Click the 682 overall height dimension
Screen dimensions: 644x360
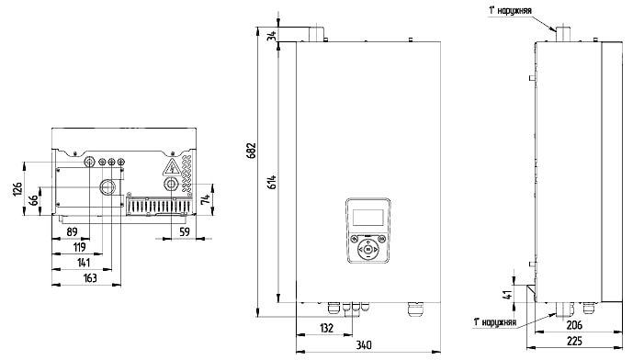coord(251,151)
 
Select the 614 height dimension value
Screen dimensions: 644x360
coord(272,182)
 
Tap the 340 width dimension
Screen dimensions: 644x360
coord(364,344)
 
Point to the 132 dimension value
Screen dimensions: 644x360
coord(326,328)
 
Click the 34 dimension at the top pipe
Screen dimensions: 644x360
coord(272,35)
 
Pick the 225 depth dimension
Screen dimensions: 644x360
coord(574,341)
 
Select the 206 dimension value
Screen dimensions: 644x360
coord(574,325)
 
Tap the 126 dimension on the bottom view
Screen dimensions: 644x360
coord(18,189)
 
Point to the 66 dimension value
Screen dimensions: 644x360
coord(34,200)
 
